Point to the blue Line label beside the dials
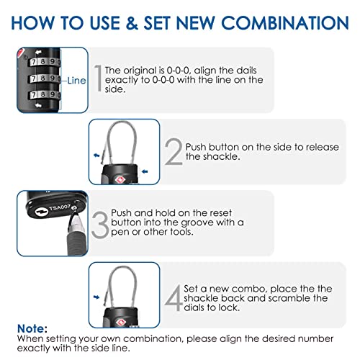[x=77, y=81]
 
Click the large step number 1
[x=96, y=78]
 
